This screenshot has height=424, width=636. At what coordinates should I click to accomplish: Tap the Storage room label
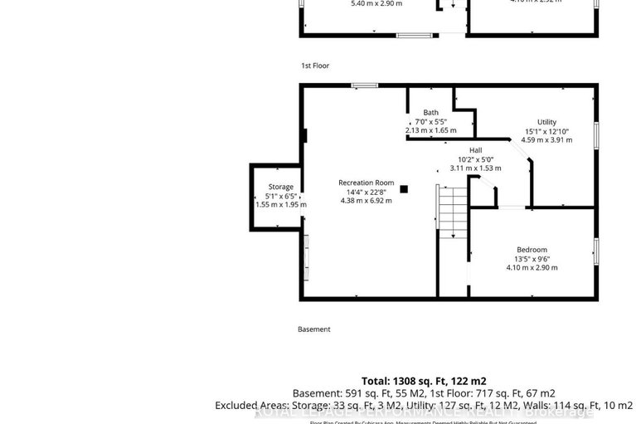280,187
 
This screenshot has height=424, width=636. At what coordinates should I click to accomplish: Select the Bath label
431,113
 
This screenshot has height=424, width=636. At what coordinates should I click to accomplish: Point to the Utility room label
546,122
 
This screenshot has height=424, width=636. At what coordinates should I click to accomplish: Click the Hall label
476,150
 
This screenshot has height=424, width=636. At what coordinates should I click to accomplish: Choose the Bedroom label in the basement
532,250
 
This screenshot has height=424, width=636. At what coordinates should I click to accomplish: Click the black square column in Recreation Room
404,189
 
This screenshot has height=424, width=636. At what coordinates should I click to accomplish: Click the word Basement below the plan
314,329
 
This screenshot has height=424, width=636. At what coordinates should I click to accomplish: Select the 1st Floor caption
315,65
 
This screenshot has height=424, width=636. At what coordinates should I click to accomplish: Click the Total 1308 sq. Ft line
424,380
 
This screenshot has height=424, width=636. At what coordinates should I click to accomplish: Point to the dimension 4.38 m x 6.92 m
366,201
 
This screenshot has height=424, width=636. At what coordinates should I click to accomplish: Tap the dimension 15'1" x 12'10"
546,131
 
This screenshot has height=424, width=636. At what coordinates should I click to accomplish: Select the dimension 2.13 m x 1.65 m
431,130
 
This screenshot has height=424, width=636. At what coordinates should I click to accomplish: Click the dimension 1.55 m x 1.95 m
280,204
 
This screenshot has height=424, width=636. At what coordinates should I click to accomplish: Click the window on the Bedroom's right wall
596,251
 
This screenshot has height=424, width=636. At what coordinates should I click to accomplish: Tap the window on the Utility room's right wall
596,136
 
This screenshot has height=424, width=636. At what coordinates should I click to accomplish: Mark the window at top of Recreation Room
364,85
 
